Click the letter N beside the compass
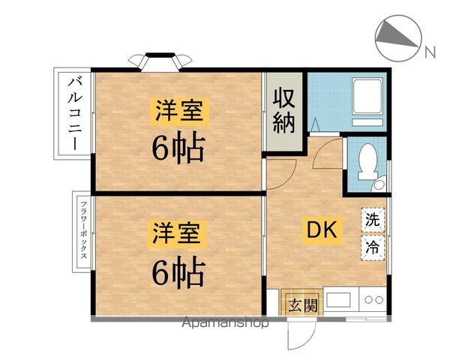430,51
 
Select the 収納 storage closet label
283,111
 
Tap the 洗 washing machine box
372,220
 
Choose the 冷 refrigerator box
372,246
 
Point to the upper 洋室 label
178,112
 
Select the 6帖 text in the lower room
178,274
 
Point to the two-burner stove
373,301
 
